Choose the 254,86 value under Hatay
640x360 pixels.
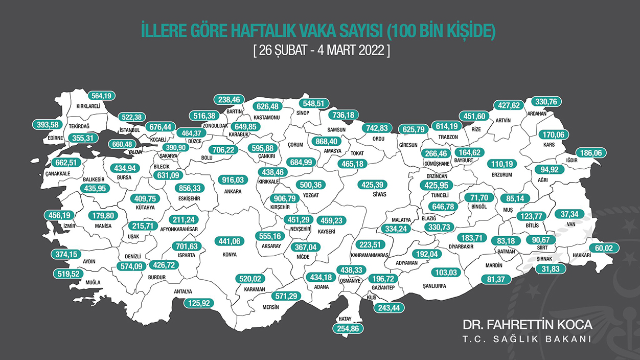(349, 329)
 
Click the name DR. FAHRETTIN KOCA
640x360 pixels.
(527, 325)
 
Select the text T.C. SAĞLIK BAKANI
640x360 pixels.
(527, 340)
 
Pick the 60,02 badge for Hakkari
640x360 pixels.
(604, 248)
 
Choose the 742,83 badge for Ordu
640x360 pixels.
(379, 128)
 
